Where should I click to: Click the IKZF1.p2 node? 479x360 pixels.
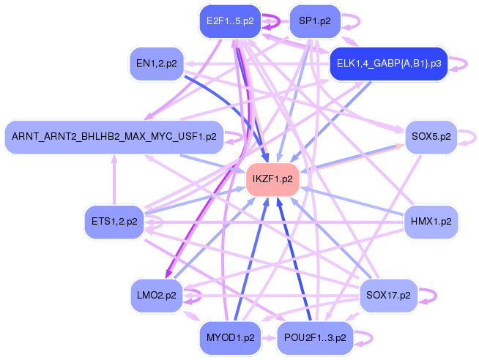tap(272, 179)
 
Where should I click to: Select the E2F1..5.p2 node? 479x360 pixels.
tap(230, 21)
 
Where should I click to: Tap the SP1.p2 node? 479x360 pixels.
tap(314, 21)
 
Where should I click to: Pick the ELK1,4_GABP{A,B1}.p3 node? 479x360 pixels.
tap(388, 64)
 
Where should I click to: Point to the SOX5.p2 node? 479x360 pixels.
tap(431, 136)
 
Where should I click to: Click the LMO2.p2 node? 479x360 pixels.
tap(156, 296)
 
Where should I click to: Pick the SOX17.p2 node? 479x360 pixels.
tap(388, 296)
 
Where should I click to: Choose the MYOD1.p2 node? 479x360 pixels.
tap(230, 338)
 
